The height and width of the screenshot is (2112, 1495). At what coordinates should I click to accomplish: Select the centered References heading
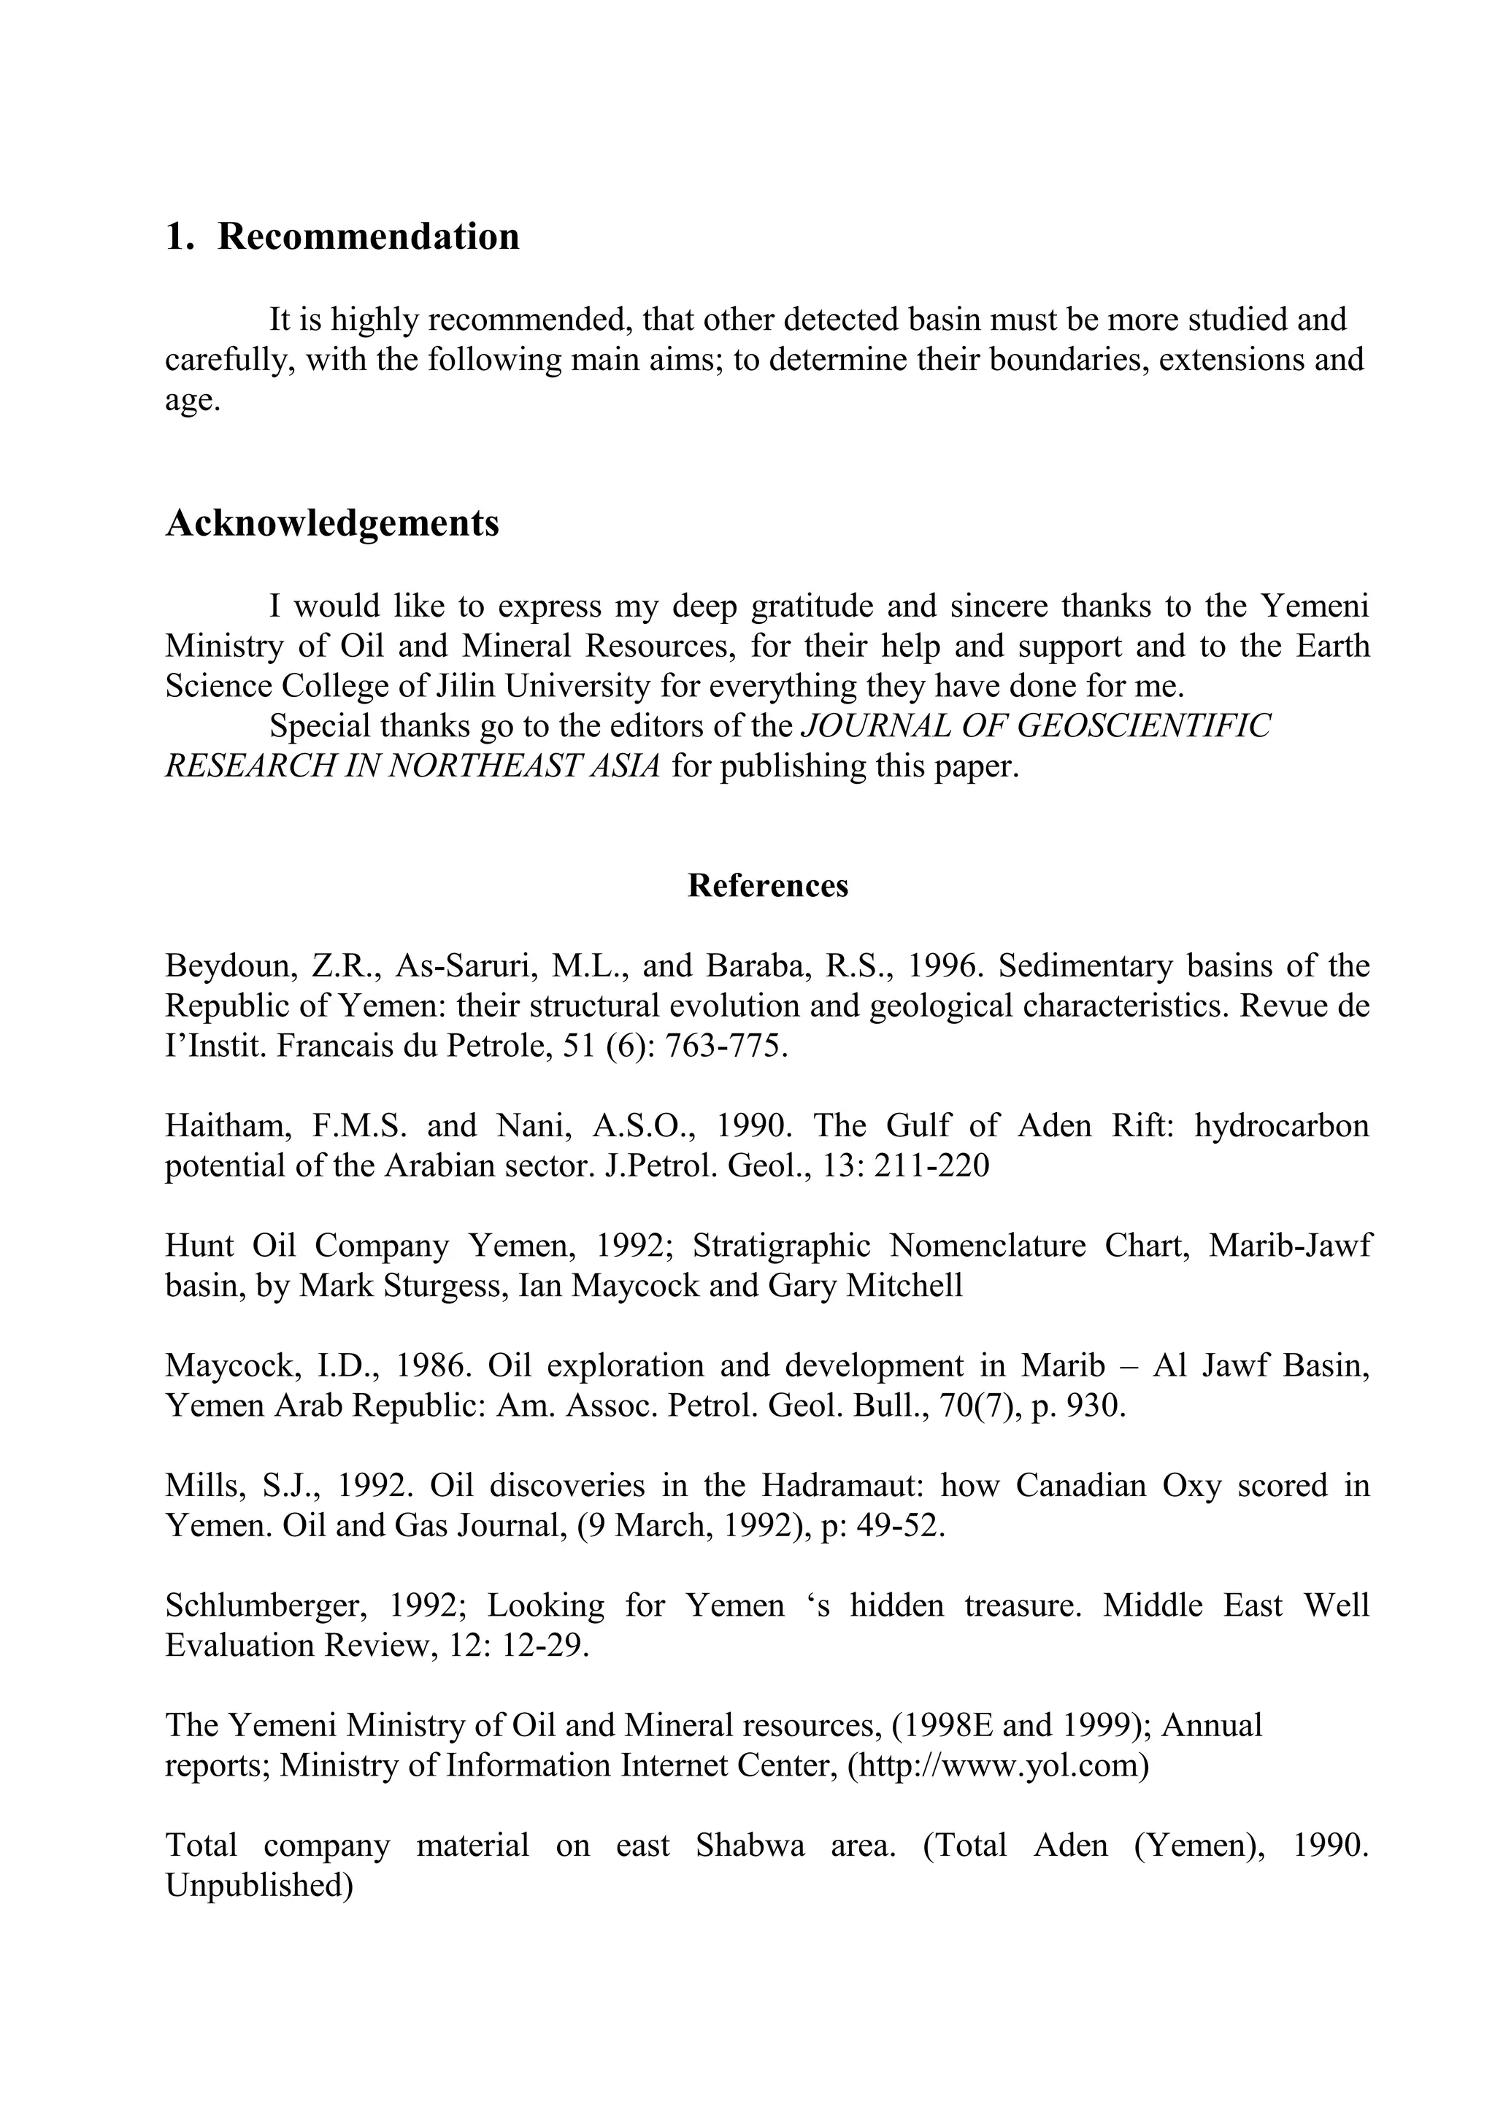[x=768, y=885]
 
